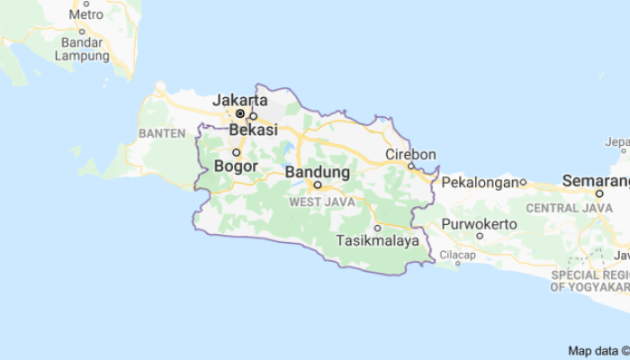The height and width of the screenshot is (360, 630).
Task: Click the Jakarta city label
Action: (240, 100)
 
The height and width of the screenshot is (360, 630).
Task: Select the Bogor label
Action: (238, 166)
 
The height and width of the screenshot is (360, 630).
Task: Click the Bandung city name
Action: (317, 171)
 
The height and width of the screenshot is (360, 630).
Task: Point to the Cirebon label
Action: (410, 154)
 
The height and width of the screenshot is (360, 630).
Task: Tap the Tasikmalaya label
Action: (378, 241)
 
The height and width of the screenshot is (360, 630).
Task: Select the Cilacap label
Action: (457, 256)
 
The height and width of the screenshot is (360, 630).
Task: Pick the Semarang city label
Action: (596, 180)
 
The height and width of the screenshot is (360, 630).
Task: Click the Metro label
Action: (85, 14)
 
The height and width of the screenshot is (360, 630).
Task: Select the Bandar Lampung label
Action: (81, 49)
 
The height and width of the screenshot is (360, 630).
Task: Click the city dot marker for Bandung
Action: (318, 184)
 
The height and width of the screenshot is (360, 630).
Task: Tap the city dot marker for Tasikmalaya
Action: (377, 228)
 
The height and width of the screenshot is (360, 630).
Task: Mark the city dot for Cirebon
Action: (410, 166)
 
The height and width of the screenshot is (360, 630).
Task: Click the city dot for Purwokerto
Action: (480, 236)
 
